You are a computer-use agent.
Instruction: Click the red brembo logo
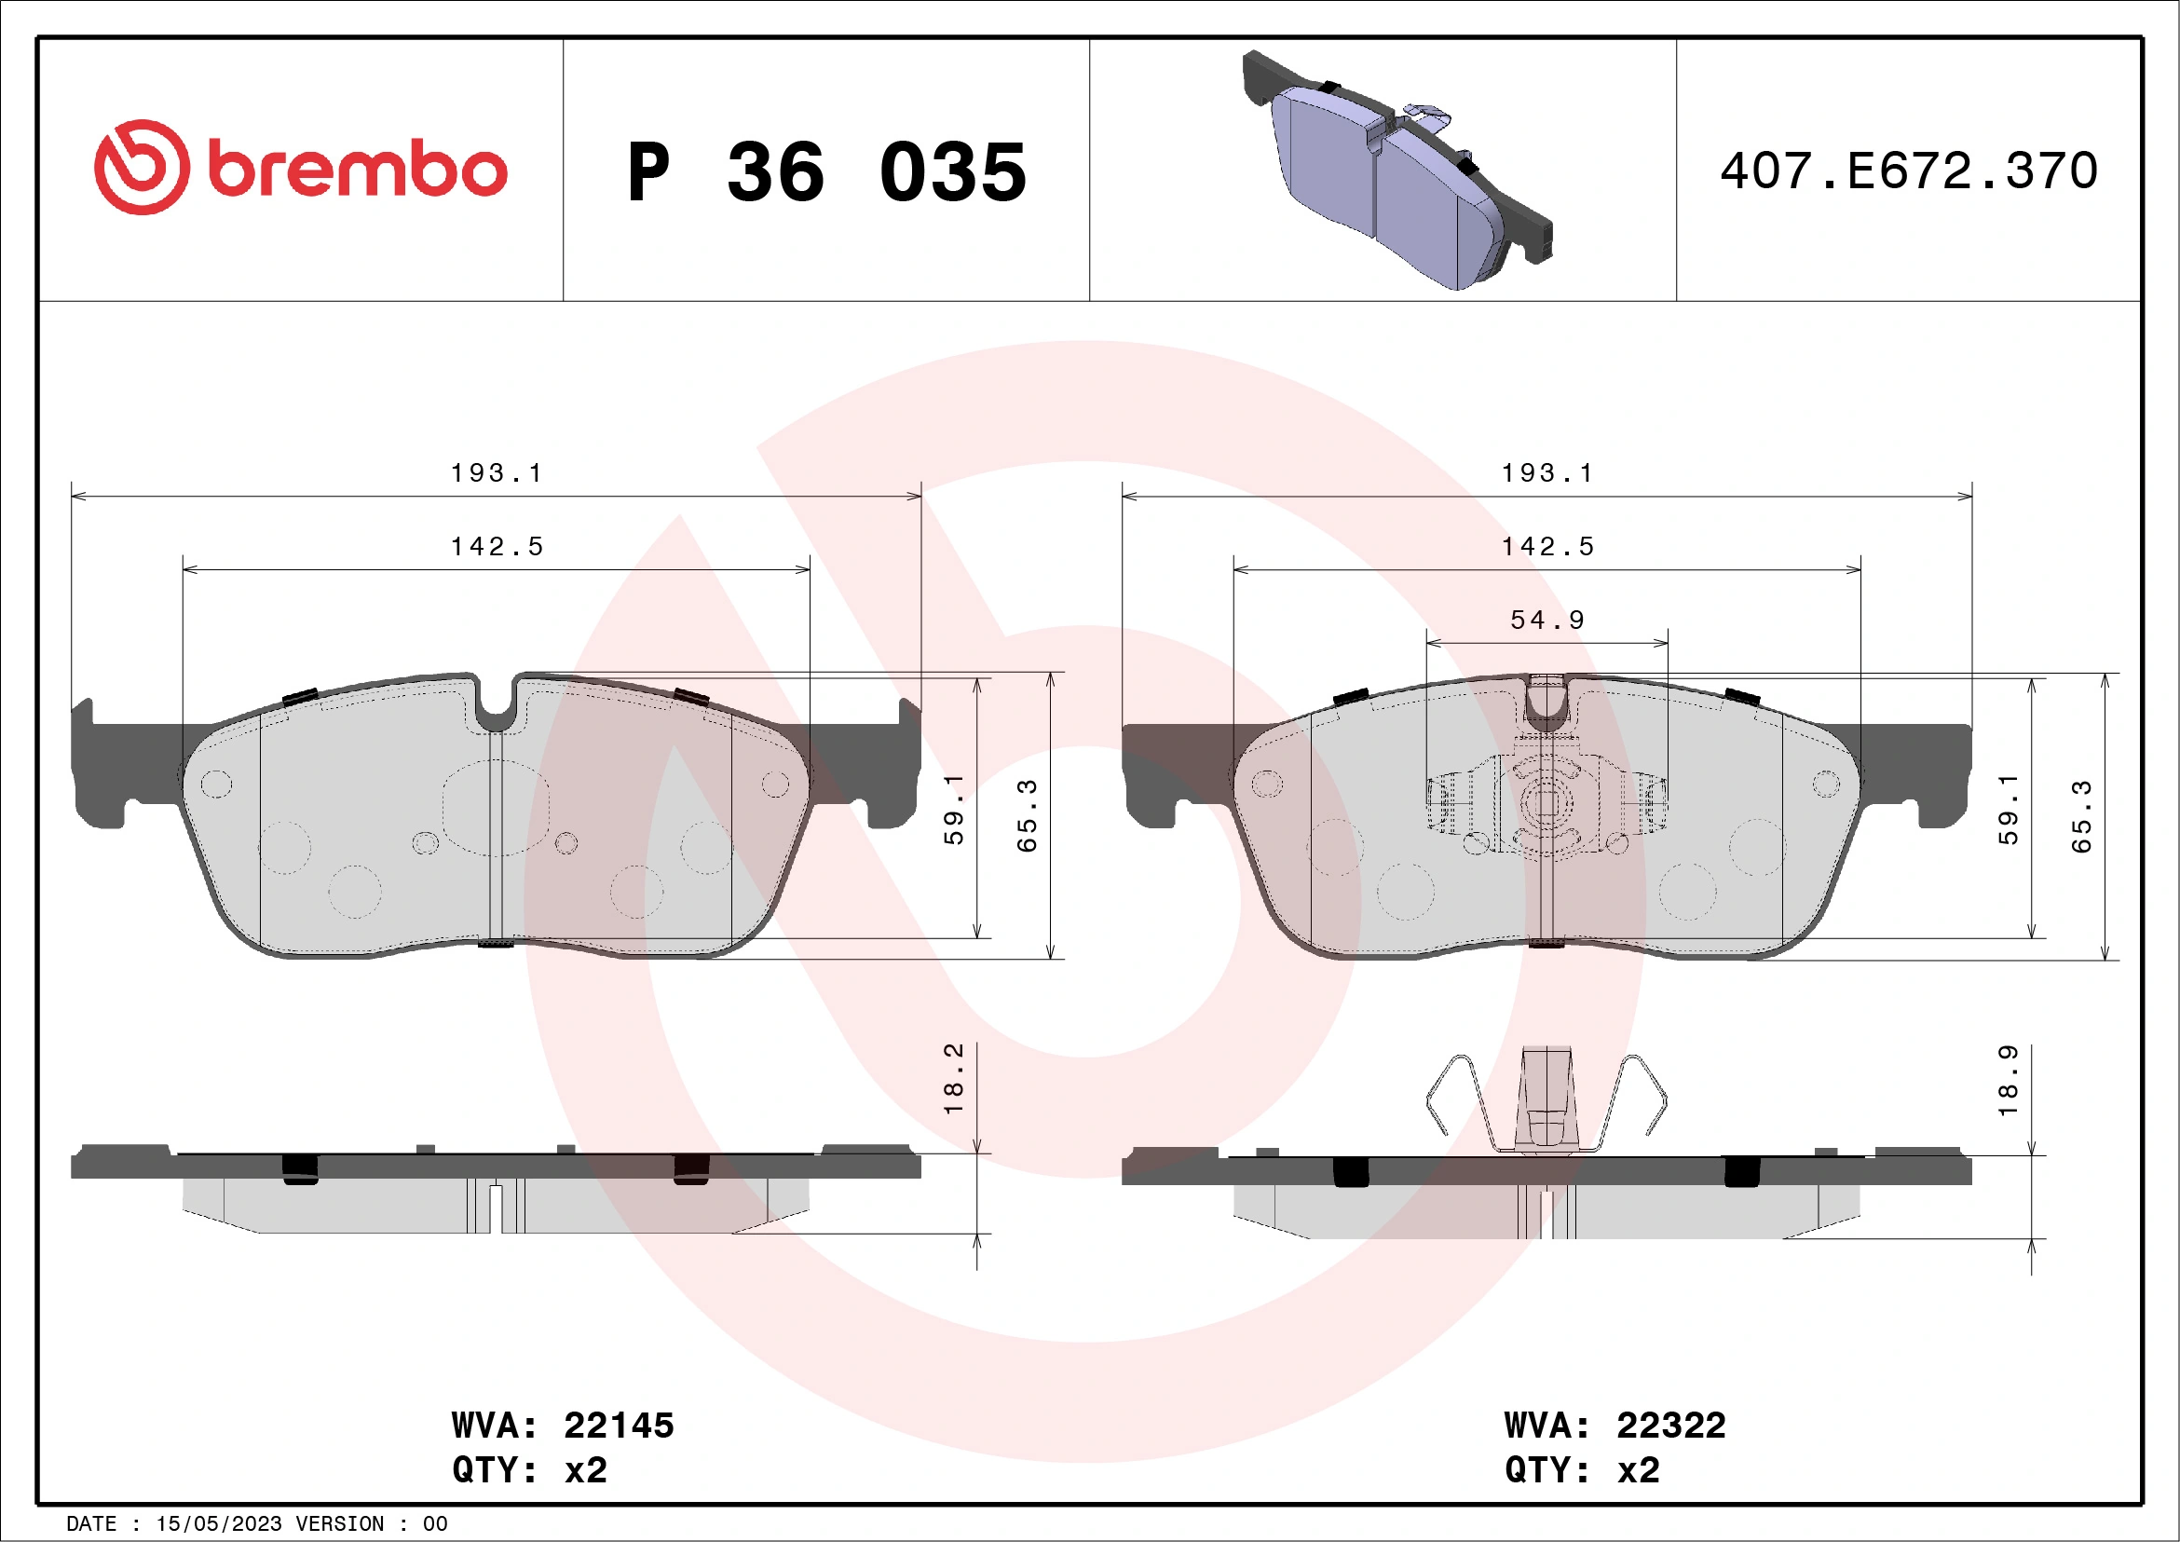pyautogui.click(x=300, y=168)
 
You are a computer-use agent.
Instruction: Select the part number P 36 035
pyautogui.click(x=826, y=172)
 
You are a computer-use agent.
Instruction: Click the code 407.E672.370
pyautogui.click(x=1909, y=171)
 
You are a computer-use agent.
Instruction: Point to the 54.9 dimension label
pyautogui.click(x=1546, y=620)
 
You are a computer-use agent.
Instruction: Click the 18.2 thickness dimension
pyautogui.click(x=953, y=1079)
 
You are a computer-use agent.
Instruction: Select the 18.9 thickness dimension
pyautogui.click(x=2008, y=1081)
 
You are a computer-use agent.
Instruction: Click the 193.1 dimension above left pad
pyautogui.click(x=496, y=473)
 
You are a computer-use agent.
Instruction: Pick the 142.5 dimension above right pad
pyautogui.click(x=1546, y=547)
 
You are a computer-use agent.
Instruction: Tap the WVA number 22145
pyautogui.click(x=618, y=1426)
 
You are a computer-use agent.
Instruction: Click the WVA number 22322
pyautogui.click(x=1670, y=1426)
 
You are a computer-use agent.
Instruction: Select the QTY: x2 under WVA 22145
pyautogui.click(x=529, y=1470)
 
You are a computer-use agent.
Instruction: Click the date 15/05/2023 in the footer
pyautogui.click(x=218, y=1524)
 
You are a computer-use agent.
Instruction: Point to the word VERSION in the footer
pyautogui.click(x=339, y=1524)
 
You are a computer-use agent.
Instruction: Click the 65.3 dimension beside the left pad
pyautogui.click(x=1027, y=815)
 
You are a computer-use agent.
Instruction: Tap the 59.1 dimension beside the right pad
pyautogui.click(x=2008, y=810)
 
